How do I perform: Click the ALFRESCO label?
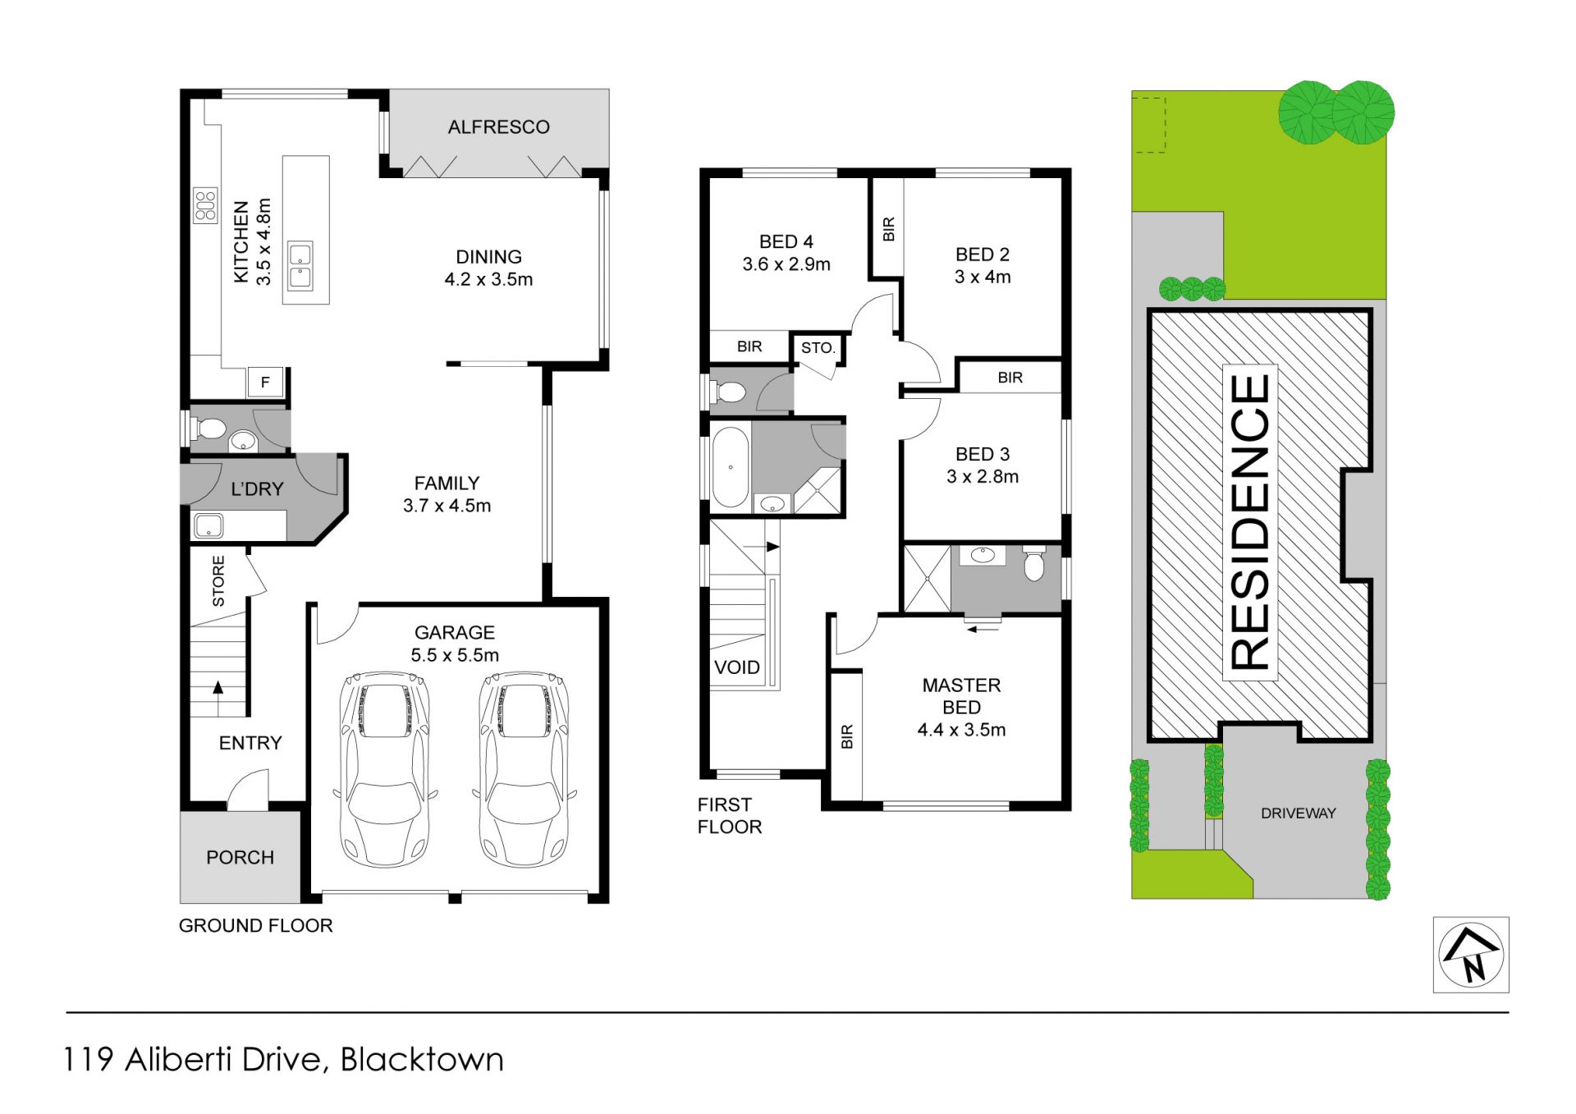tap(498, 127)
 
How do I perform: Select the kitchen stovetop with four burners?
tap(205, 205)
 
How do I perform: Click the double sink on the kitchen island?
tap(300, 266)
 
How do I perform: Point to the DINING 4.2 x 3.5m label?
tap(488, 268)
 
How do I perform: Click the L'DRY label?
tap(257, 489)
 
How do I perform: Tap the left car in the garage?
tap(384, 770)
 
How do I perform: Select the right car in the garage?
tap(524, 770)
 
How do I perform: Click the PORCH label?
tap(240, 858)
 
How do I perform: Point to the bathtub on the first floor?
tap(731, 467)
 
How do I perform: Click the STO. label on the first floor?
tap(818, 348)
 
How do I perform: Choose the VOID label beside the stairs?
tap(736, 667)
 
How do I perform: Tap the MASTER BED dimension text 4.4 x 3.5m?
tap(961, 730)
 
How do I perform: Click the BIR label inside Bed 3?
tap(1010, 378)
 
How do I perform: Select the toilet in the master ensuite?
tap(1034, 563)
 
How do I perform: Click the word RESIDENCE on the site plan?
tap(1250, 522)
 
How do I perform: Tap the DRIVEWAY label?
tap(1299, 814)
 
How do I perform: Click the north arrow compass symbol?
tap(1471, 955)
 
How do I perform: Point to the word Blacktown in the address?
tap(422, 1060)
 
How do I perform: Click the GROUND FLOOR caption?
tap(256, 926)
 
